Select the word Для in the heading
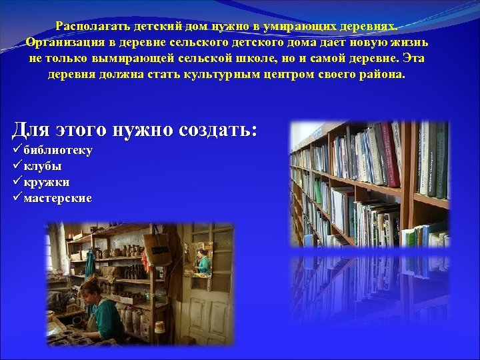[x=29, y=129]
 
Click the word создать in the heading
[x=210, y=129]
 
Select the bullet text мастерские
[x=58, y=198]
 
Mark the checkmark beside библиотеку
[x=17, y=150]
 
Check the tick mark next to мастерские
[x=17, y=198]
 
